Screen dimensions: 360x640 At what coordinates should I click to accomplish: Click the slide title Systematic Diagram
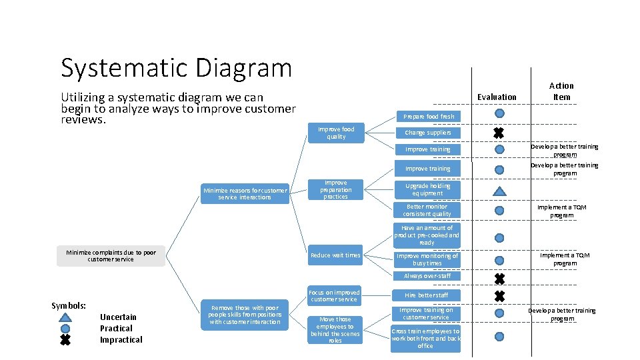tap(176, 68)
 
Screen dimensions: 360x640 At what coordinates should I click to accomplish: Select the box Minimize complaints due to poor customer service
tap(111, 256)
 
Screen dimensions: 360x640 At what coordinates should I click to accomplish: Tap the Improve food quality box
tap(336, 133)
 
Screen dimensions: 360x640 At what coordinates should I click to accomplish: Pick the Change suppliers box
tap(427, 133)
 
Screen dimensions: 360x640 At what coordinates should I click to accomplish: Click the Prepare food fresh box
tap(427, 116)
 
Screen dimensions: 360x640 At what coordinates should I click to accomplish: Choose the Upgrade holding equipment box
tap(427, 189)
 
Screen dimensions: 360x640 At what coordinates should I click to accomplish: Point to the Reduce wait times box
tap(335, 255)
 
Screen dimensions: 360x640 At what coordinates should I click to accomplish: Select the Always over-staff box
tap(427, 276)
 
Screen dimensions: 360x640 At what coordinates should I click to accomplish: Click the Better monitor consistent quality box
tap(427, 210)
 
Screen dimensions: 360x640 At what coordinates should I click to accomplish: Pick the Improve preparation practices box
tap(335, 189)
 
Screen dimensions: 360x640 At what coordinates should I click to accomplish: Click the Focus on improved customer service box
tap(335, 295)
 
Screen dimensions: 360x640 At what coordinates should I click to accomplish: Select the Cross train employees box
tap(426, 339)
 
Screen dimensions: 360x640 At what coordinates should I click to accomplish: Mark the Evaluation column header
tap(497, 97)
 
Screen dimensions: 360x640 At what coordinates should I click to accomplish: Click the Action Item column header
tap(561, 91)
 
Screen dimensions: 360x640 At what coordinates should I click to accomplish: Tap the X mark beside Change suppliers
tap(499, 133)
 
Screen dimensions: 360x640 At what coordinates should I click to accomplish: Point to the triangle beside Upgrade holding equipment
tap(499, 191)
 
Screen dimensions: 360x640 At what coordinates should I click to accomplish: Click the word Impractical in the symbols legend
tap(121, 340)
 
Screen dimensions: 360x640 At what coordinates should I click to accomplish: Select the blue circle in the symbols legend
tap(65, 329)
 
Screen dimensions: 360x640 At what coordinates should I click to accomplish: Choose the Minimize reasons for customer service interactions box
tap(245, 194)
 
